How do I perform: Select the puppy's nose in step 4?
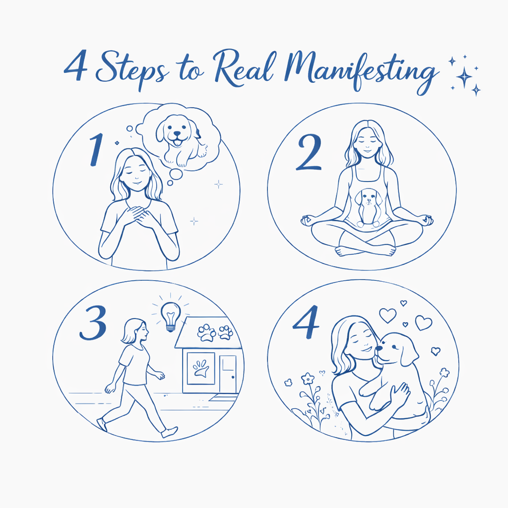379,348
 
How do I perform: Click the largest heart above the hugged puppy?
423,322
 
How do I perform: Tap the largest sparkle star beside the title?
464,77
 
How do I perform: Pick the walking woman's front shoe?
170,432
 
